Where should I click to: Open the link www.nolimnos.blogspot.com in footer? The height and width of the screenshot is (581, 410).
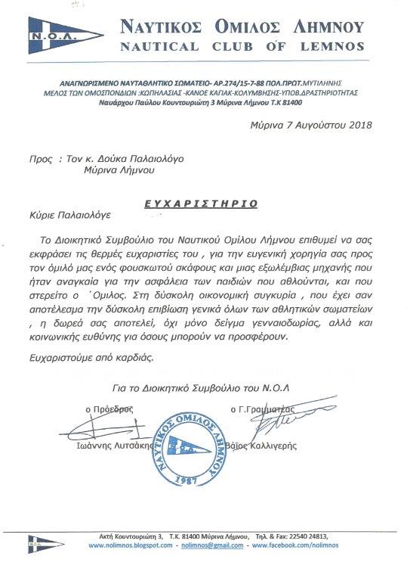[x=131, y=545]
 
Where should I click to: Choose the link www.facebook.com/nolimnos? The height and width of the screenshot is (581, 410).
[x=316, y=545]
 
